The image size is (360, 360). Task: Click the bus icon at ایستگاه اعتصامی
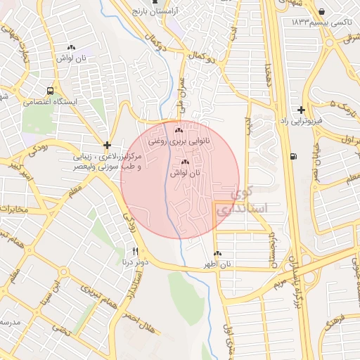50,91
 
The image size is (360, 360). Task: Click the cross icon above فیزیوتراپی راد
301,110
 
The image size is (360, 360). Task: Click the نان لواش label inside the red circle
185,172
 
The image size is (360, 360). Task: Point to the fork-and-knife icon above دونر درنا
135,251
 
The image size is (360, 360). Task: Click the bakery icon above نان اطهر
217,254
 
